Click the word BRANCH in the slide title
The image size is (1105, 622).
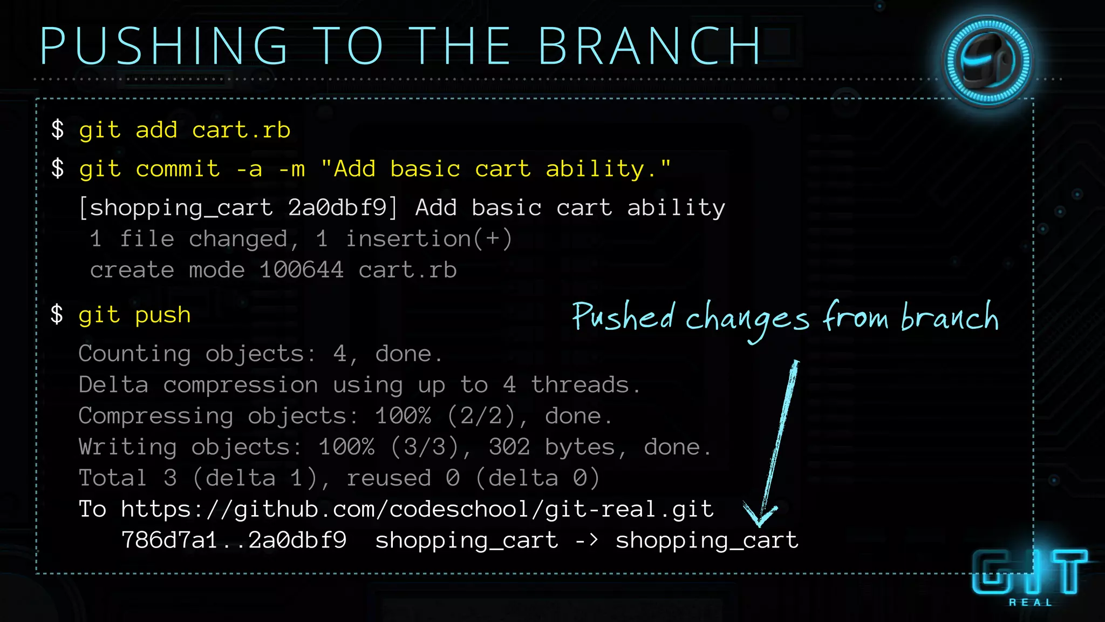click(650, 46)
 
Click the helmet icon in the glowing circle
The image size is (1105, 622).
click(987, 61)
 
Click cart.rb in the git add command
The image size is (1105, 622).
click(241, 130)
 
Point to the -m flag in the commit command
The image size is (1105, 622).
click(292, 169)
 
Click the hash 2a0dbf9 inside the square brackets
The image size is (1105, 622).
click(337, 208)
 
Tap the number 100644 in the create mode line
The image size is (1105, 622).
click(301, 270)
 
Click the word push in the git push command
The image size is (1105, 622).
click(163, 315)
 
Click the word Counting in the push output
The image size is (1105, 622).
click(134, 354)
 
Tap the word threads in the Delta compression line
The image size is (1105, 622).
click(581, 385)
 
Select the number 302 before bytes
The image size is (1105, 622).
click(509, 447)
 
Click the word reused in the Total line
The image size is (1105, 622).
click(388, 478)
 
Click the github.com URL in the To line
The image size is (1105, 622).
click(417, 509)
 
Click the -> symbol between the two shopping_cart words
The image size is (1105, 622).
click(586, 540)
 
